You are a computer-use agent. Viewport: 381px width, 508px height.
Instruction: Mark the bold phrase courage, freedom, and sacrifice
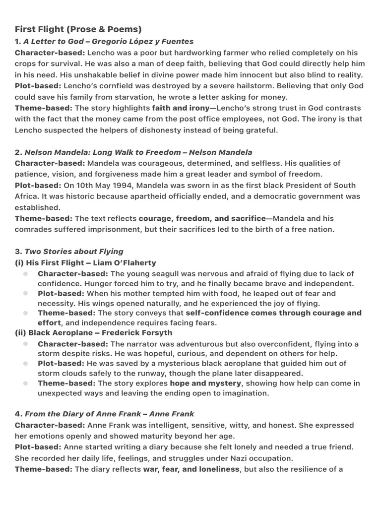pyautogui.click(x=202, y=218)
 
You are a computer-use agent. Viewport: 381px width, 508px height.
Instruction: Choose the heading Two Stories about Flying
pyautogui.click(x=74, y=252)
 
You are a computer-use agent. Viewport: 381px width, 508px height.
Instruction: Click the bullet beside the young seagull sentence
pyautogui.click(x=25, y=274)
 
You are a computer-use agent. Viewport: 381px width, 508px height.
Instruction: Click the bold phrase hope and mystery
pyautogui.click(x=205, y=383)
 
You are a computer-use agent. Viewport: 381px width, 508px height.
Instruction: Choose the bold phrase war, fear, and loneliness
pyautogui.click(x=191, y=469)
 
